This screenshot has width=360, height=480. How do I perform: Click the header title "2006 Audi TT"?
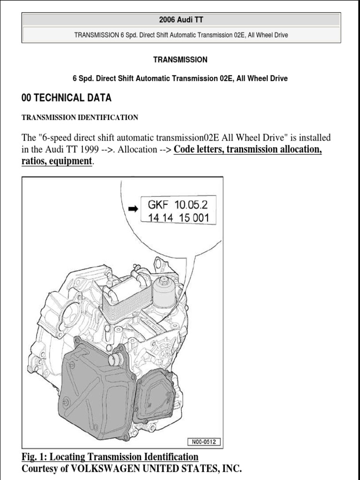coord(181,20)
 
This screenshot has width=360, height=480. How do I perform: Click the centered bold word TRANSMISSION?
coord(180,60)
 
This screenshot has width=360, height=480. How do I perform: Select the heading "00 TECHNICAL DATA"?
coord(67,98)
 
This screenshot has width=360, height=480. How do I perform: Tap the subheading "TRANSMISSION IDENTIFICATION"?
coord(80,118)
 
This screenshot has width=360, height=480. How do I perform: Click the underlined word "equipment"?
coord(67,161)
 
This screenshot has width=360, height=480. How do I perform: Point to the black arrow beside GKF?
coord(133,209)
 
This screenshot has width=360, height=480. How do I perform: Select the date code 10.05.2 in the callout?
coord(193,205)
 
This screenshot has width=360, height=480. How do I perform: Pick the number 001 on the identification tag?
coord(204,218)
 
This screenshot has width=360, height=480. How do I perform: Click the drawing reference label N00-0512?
coord(204,442)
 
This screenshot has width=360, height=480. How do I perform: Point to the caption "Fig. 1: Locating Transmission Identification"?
coord(110,457)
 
